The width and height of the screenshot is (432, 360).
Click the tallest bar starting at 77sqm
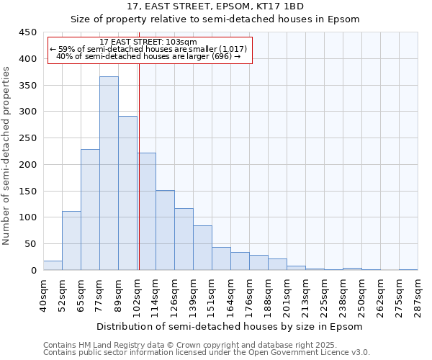pyautogui.click(x=109, y=173)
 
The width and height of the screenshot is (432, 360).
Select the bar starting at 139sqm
pyautogui.click(x=202, y=248)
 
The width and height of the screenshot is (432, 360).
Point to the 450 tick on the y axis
pyautogui.click(x=28, y=32)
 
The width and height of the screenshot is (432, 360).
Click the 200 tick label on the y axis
pyautogui.click(x=28, y=165)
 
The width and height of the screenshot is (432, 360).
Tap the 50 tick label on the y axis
pyautogui.click(x=31, y=244)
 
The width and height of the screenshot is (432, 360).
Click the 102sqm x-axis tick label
pyautogui.click(x=138, y=294)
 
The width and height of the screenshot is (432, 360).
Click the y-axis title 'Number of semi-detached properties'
pyautogui.click(x=7, y=156)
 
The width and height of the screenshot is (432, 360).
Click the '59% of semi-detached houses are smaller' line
pyautogui.click(x=148, y=49)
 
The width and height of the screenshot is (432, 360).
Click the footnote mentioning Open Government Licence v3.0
pyautogui.click(x=206, y=352)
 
